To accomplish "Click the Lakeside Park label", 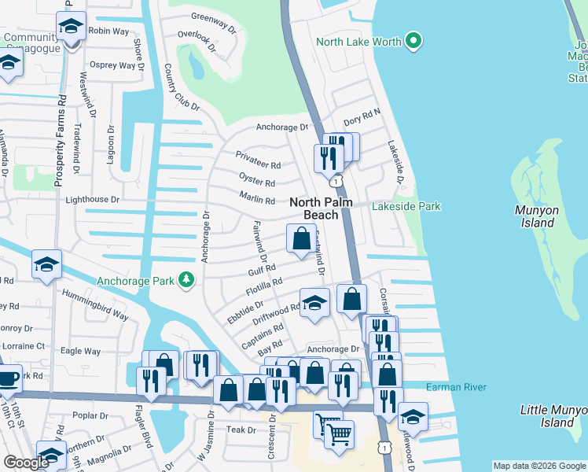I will (408, 207).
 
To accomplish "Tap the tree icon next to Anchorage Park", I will (186, 280).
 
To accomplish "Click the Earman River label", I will (456, 387).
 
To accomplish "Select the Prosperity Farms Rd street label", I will (58, 142).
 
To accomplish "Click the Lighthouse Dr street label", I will (92, 200).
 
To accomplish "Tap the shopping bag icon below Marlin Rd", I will (301, 238).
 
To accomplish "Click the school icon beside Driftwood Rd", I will (314, 303).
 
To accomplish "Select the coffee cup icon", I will (8, 378).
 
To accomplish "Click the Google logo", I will (27, 463).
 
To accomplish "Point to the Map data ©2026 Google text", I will (538, 466).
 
